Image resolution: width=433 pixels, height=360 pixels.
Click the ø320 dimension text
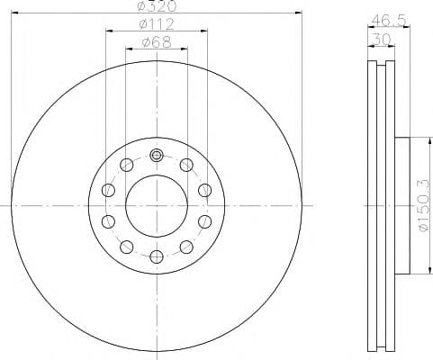pos(155,6)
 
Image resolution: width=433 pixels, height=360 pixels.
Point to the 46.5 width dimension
pos(383,19)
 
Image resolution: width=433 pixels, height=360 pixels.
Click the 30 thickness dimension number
pos(383,39)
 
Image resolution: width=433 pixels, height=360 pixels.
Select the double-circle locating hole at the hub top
pos(156,155)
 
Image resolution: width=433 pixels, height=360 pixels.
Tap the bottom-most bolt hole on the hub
pos(156,256)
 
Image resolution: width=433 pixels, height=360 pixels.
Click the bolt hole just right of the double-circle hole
pos(185,164)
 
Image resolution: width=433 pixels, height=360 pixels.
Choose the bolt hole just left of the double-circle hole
pos(126,164)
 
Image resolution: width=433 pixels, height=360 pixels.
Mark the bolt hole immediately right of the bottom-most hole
pos(185,247)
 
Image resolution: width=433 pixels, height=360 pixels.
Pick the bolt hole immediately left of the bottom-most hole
pos(126,247)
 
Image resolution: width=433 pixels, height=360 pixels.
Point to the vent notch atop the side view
pos(382,65)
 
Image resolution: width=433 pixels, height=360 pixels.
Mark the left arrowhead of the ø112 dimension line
pos(109,31)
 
